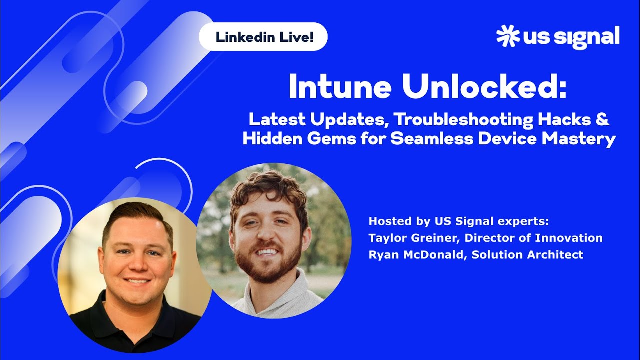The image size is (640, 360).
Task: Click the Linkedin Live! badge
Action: tap(263, 37)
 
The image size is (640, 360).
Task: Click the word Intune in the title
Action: tap(340, 88)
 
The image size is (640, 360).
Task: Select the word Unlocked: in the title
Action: tap(485, 88)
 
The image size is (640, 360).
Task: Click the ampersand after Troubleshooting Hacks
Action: tap(604, 120)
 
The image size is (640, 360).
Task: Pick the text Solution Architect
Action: tap(527, 255)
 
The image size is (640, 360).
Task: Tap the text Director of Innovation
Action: tap(534, 238)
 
